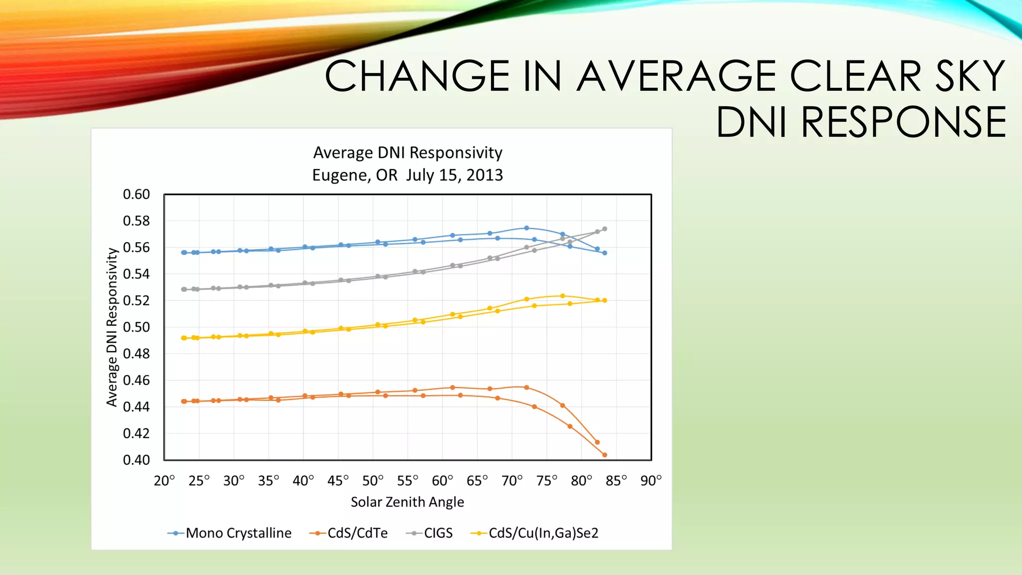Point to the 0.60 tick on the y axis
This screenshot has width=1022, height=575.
pos(136,194)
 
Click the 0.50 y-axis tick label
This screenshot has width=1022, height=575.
pos(136,327)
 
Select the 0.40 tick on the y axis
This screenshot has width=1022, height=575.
pos(136,460)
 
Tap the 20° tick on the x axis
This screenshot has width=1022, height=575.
pos(164,481)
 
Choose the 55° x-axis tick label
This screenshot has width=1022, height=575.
pos(408,481)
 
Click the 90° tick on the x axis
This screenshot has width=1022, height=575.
pos(651,481)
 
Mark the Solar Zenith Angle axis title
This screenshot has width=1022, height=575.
pos(407,502)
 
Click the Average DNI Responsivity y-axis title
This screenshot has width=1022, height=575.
pos(112,327)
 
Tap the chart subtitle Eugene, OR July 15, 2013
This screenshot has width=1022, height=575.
pos(407,175)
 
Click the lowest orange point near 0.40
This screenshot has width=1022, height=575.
pos(604,455)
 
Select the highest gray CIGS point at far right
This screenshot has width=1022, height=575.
pos(604,229)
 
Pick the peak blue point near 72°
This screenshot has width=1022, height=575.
pos(526,228)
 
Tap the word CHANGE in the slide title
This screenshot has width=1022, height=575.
pos(417,76)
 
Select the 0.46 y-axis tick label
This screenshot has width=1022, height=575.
pos(136,380)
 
